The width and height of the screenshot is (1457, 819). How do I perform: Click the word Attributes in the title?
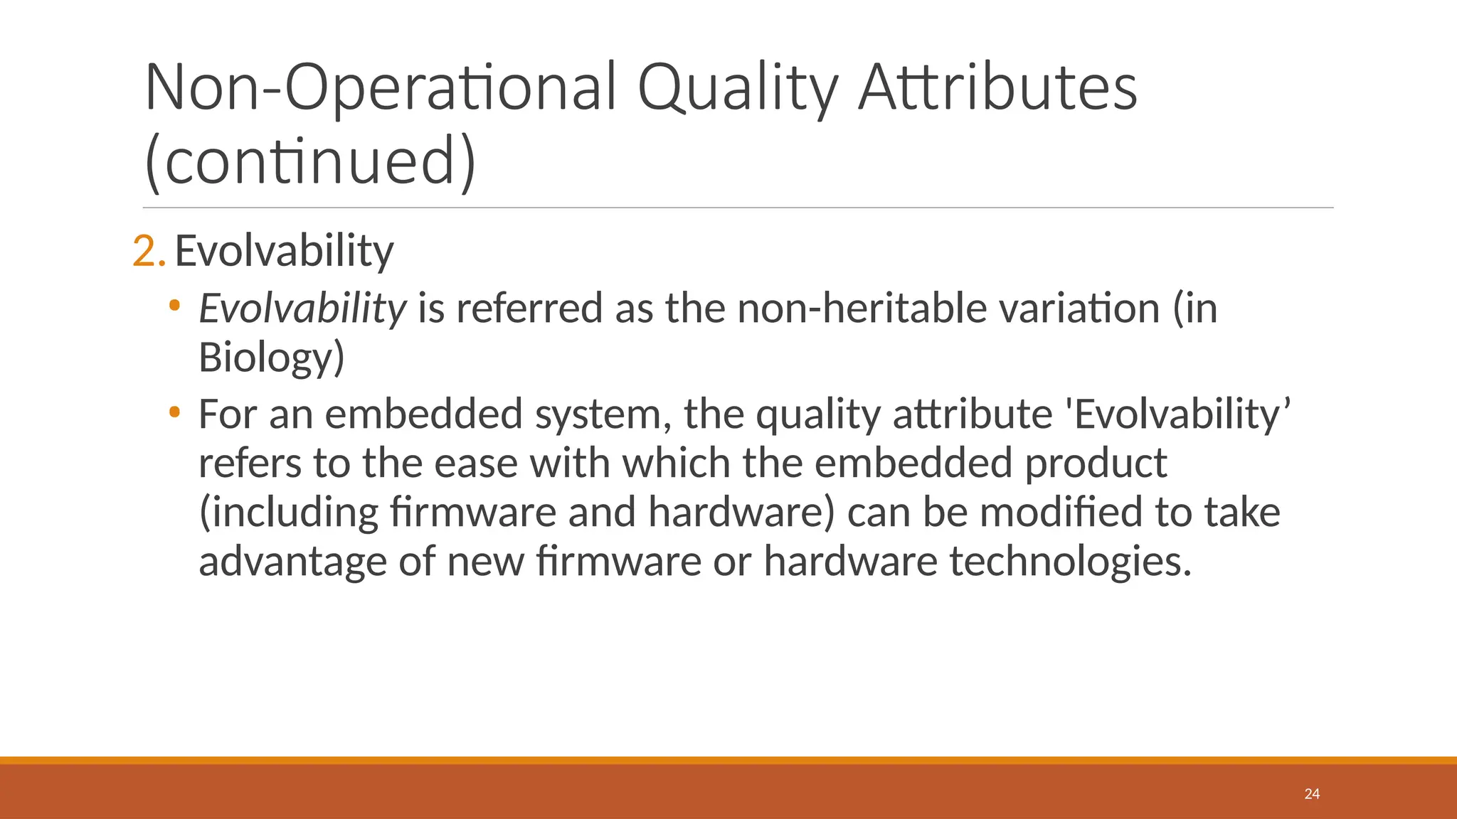(x=997, y=89)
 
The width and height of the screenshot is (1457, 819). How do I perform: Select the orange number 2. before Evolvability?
(x=149, y=251)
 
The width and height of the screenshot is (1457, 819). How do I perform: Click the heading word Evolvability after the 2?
(x=284, y=251)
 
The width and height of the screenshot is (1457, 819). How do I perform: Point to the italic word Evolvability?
(x=302, y=309)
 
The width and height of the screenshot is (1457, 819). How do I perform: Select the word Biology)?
(x=271, y=357)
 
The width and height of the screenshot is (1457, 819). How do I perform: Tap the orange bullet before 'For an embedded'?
(x=174, y=412)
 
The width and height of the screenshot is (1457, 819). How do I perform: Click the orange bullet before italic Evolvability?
(x=174, y=306)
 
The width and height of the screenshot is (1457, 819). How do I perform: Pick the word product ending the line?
(x=1096, y=464)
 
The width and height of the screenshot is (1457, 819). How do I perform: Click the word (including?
(x=288, y=513)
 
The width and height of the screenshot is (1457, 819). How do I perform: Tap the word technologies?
(x=1070, y=562)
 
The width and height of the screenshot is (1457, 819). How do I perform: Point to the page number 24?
(x=1312, y=794)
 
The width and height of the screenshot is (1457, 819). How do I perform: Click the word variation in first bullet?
(x=1079, y=309)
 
